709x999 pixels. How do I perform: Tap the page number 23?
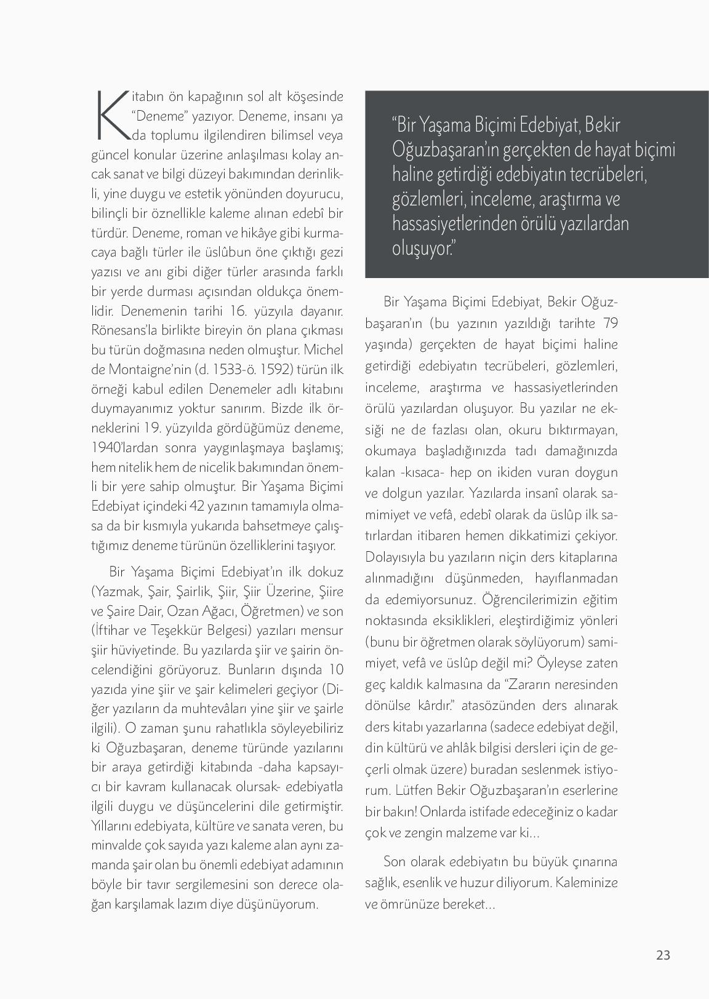(663, 955)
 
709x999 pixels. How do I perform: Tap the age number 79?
(610, 323)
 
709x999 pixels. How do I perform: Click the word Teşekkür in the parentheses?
(178, 631)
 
